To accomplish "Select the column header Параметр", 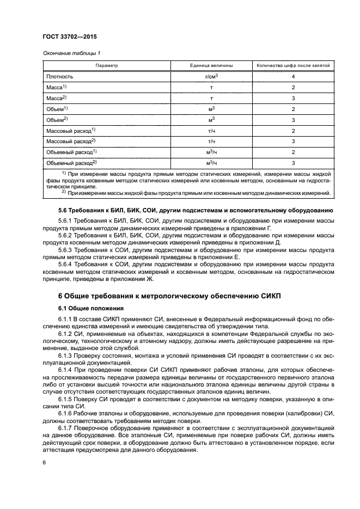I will click(x=106, y=65).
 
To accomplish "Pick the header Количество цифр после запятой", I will click(x=294, y=65).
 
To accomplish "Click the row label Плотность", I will click(x=60, y=77).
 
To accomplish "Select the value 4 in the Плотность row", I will click(x=294, y=77).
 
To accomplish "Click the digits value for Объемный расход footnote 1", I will click(x=294, y=152).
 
